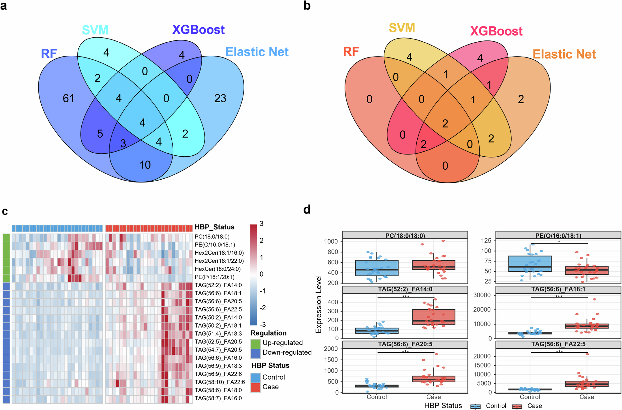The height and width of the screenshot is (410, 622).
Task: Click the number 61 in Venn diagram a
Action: tap(68, 99)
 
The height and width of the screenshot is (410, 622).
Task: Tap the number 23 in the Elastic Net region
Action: tap(220, 99)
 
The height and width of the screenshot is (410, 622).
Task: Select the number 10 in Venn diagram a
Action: tap(145, 165)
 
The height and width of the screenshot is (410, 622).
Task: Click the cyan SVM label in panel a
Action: tap(95, 30)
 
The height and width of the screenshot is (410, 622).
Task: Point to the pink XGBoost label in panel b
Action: tap(496, 31)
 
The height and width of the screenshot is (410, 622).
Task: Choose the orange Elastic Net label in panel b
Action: tap(564, 54)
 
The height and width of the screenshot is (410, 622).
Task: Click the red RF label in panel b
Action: tap(351, 52)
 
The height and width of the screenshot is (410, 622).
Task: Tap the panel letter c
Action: tap(5, 211)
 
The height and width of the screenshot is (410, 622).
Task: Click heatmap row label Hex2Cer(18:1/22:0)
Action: tap(219, 261)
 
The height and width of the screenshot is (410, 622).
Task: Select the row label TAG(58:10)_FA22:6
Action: tap(220, 382)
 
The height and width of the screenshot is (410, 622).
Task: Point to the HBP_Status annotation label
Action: tap(214, 227)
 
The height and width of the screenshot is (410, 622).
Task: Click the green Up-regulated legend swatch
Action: tap(255, 343)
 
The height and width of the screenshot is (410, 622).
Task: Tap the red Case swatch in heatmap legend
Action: tap(255, 387)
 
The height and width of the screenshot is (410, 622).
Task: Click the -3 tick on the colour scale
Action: tap(263, 325)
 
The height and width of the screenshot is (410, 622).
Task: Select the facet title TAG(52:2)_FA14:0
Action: tap(405, 289)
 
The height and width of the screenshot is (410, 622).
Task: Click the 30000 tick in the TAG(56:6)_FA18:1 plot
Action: tap(482, 295)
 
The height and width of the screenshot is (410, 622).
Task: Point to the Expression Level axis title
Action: tap(318, 304)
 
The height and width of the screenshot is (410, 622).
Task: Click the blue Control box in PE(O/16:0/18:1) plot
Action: tap(530, 264)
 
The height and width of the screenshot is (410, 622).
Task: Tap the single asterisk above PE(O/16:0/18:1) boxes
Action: tap(559, 242)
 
